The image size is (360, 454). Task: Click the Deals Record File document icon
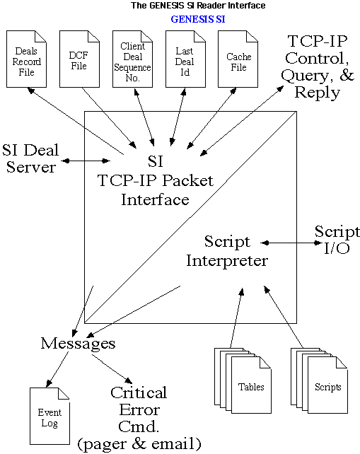coord(26,59)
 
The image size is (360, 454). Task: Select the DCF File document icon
coord(79,59)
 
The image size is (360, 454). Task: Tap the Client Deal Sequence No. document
coord(132,59)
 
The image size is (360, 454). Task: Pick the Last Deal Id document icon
coord(185,59)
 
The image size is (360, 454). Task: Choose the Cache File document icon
coord(238,59)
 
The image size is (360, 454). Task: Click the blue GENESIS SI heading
coord(198,19)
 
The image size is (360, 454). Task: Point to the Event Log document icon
coord(50,416)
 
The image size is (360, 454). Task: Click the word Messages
coord(78,344)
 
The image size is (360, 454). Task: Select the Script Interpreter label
coord(227,251)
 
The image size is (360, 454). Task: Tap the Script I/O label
coord(337,240)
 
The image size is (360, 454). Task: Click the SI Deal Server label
coord(30,158)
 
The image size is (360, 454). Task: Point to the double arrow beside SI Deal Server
coord(86,161)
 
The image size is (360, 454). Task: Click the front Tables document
coord(251,385)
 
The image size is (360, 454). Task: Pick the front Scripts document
coord(327,385)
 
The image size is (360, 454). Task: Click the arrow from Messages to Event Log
coord(57,369)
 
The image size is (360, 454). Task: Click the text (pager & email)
coord(139,444)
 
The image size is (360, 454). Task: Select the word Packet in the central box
coord(188,180)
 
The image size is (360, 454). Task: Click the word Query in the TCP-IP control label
coord(305,76)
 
